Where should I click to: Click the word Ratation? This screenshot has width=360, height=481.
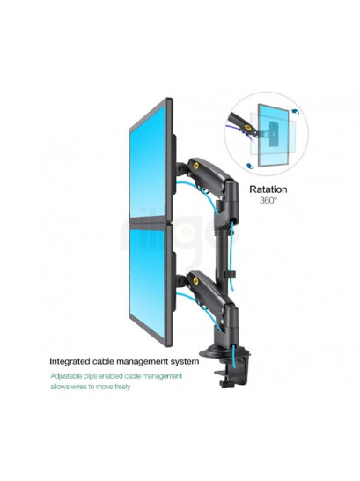click(x=268, y=189)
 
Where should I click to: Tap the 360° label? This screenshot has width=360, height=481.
click(x=268, y=201)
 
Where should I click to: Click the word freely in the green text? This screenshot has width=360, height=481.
click(x=122, y=387)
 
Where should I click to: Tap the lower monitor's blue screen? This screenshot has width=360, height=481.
click(x=147, y=281)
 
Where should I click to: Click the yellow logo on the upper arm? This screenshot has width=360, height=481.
click(x=196, y=166)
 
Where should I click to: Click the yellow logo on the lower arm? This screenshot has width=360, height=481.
click(x=196, y=281)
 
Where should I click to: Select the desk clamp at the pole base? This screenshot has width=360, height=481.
click(x=233, y=372)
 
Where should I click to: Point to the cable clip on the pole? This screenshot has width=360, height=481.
click(x=231, y=274)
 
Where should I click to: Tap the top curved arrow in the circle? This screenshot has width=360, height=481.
click(x=295, y=111)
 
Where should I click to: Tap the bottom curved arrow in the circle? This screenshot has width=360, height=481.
click(x=250, y=166)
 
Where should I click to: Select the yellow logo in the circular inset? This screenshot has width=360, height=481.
click(x=247, y=126)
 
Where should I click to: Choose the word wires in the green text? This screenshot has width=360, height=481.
click(x=79, y=387)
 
